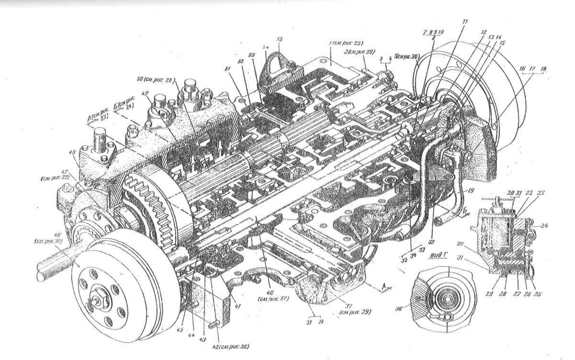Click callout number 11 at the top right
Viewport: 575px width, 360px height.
pos(465,22)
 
